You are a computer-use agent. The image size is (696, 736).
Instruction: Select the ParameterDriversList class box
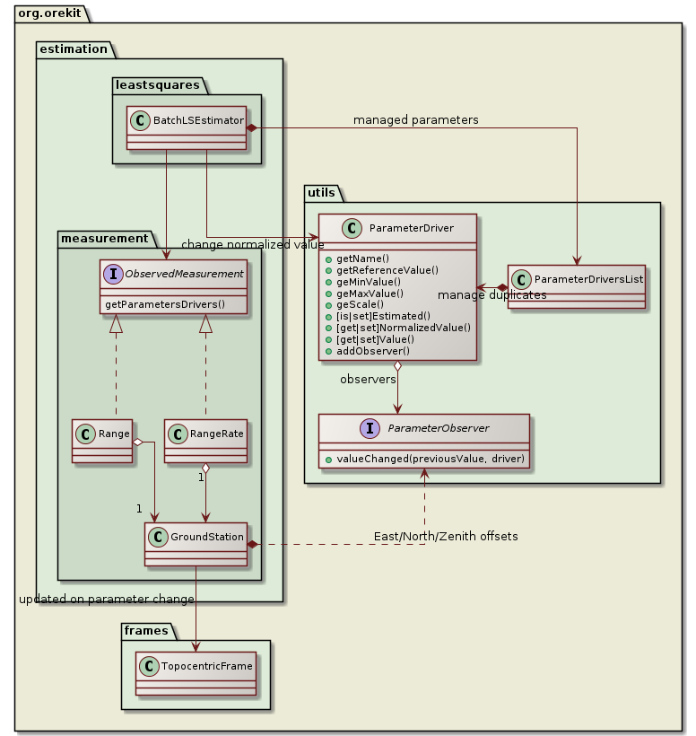point(577,285)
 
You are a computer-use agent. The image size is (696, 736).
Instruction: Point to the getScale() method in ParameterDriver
point(362,303)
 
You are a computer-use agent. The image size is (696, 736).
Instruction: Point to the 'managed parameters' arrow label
point(415,119)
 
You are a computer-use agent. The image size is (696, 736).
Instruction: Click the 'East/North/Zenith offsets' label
point(446,536)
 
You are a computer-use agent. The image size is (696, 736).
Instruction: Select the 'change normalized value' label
point(252,244)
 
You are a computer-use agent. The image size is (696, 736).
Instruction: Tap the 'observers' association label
point(368,380)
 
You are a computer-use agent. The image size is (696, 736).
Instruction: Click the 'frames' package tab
point(144,630)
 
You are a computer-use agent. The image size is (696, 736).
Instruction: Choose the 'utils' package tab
point(320,192)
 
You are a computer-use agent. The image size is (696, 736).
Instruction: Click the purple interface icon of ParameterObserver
point(342,428)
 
